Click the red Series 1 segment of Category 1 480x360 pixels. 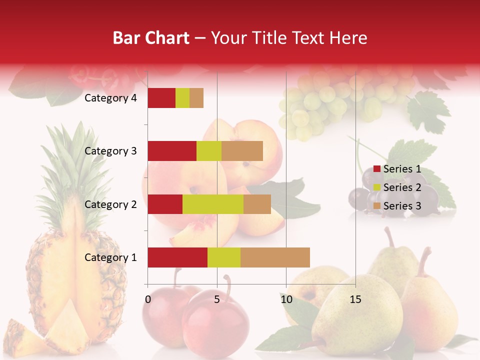point(177,257)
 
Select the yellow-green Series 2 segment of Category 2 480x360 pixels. point(213,204)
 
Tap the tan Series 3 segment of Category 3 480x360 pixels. point(242,151)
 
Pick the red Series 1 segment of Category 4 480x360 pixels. point(161,98)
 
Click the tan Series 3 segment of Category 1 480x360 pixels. point(275,257)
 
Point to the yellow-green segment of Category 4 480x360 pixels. point(182,98)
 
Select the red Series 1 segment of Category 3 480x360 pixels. point(172,151)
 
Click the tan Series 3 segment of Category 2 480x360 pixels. point(257,204)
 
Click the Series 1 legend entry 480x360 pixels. point(397,169)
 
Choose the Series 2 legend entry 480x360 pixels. point(397,187)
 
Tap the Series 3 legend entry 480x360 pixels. point(397,206)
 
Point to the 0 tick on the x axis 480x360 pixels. point(148,299)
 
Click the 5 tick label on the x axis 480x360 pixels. point(217,299)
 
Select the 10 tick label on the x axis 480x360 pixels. point(286,299)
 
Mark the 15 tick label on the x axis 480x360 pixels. point(355,299)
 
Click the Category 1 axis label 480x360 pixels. point(110,257)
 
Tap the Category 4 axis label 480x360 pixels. point(110,98)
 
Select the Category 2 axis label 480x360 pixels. point(110,204)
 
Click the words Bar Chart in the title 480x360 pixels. point(151,38)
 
